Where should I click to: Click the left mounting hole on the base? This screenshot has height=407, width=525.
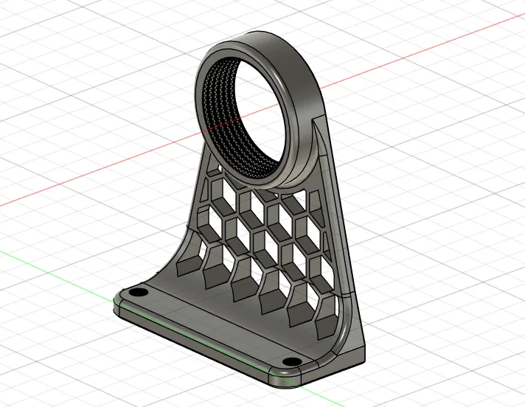coord(137,293)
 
